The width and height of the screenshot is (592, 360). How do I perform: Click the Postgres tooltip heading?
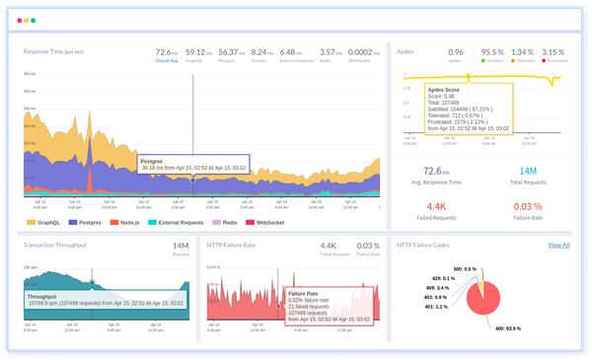151,160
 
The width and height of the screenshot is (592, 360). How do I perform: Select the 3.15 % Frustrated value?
554,51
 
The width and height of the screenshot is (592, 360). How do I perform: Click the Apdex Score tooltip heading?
445,88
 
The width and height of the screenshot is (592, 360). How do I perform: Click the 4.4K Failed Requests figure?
435,206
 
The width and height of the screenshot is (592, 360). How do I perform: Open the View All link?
558,245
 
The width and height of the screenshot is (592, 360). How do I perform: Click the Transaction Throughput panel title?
59,245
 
